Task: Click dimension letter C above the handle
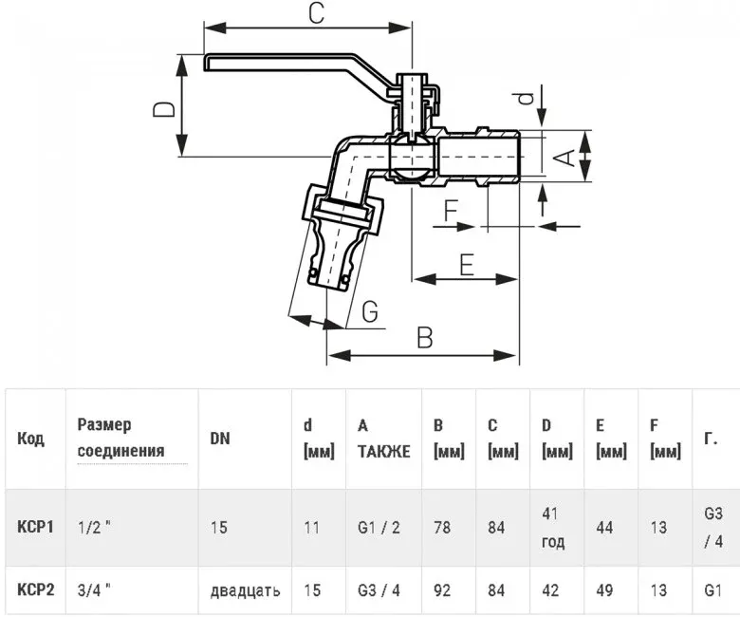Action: (x=316, y=12)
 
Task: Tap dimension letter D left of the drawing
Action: (x=164, y=109)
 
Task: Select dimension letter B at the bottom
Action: (x=425, y=338)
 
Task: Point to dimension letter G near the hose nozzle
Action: (x=370, y=312)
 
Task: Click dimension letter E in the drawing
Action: (x=466, y=265)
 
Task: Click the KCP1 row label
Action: (x=35, y=527)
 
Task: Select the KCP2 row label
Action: (x=36, y=589)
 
